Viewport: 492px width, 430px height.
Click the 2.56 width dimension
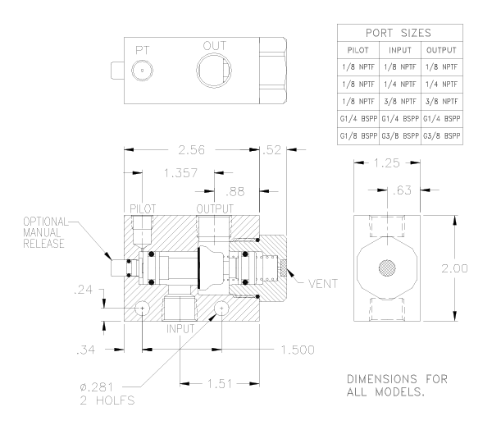pyautogui.click(x=192, y=150)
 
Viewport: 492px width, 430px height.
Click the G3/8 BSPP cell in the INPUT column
pyautogui.click(x=401, y=133)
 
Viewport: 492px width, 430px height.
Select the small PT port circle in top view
pyautogui.click(x=143, y=71)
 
